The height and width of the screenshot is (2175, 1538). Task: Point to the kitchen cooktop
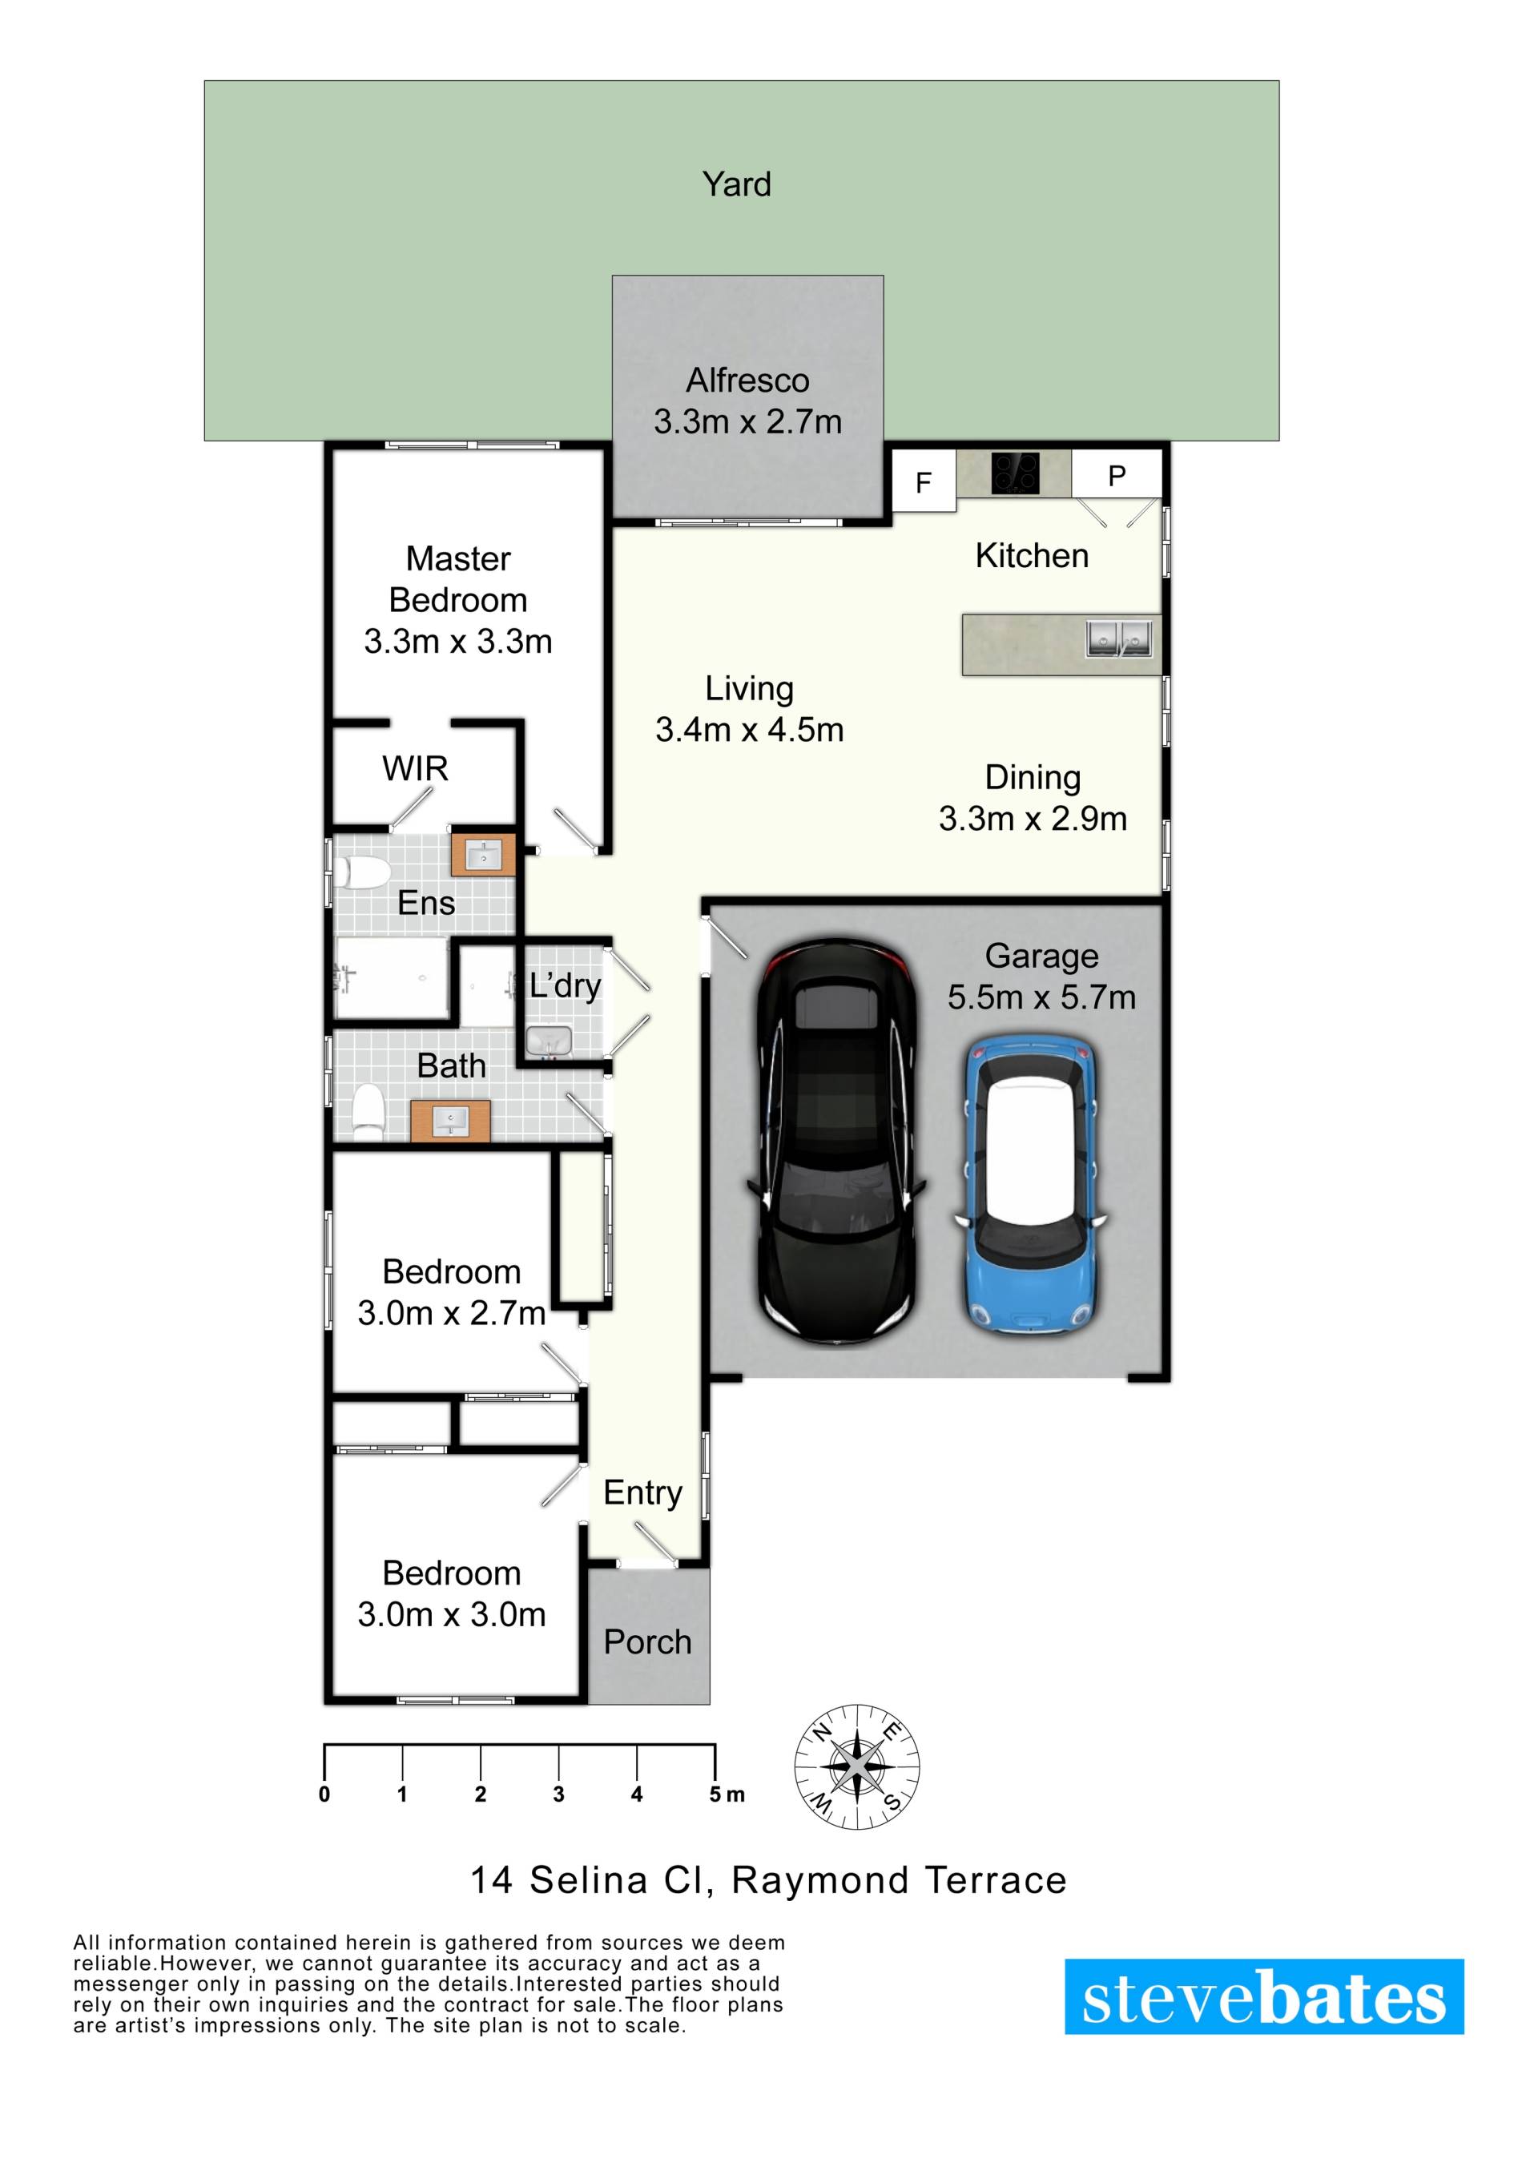click(x=1015, y=473)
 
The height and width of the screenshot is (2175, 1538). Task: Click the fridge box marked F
click(x=924, y=481)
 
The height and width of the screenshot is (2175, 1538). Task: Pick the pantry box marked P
click(x=1117, y=473)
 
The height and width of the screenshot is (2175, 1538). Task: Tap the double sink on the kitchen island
click(x=1118, y=638)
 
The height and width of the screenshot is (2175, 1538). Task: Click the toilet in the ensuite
click(x=360, y=873)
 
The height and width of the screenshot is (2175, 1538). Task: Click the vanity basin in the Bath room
click(x=450, y=1122)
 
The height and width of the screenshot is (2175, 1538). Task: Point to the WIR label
click(x=415, y=768)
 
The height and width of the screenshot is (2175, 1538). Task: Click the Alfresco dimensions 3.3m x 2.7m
click(x=747, y=421)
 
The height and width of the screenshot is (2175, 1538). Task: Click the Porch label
click(x=648, y=1641)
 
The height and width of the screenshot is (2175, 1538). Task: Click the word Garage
click(x=1041, y=957)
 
